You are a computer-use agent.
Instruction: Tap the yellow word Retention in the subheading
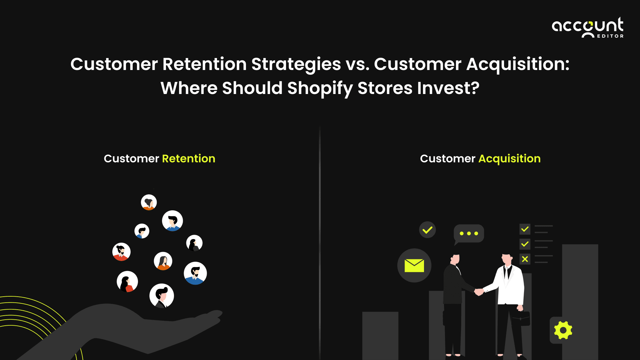[x=188, y=159]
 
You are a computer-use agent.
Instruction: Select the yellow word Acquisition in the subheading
[x=509, y=159]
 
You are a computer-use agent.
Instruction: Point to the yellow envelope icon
[x=414, y=266]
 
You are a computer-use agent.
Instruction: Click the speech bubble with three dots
[x=469, y=233]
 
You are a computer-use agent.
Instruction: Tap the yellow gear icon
[x=563, y=330]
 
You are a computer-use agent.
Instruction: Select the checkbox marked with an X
[x=525, y=259]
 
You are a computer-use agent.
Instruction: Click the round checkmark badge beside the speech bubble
[x=427, y=230]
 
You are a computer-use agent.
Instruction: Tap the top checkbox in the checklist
[x=525, y=229]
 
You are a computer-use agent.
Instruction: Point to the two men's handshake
[x=479, y=292]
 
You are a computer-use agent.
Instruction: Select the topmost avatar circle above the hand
[x=149, y=202]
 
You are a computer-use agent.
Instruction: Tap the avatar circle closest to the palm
[x=162, y=296]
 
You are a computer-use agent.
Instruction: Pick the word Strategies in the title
[x=296, y=64]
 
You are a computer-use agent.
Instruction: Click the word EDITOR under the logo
[x=610, y=36]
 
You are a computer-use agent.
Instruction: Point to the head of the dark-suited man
[x=456, y=257]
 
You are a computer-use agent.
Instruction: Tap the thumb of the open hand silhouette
[x=213, y=315]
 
